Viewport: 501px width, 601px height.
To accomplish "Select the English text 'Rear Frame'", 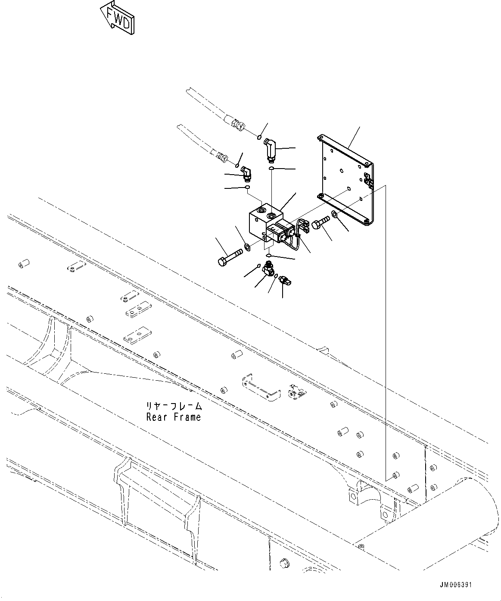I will (x=173, y=417).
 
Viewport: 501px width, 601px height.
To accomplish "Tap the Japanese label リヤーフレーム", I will (x=173, y=406).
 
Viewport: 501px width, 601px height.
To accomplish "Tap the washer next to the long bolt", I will (x=248, y=247).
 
